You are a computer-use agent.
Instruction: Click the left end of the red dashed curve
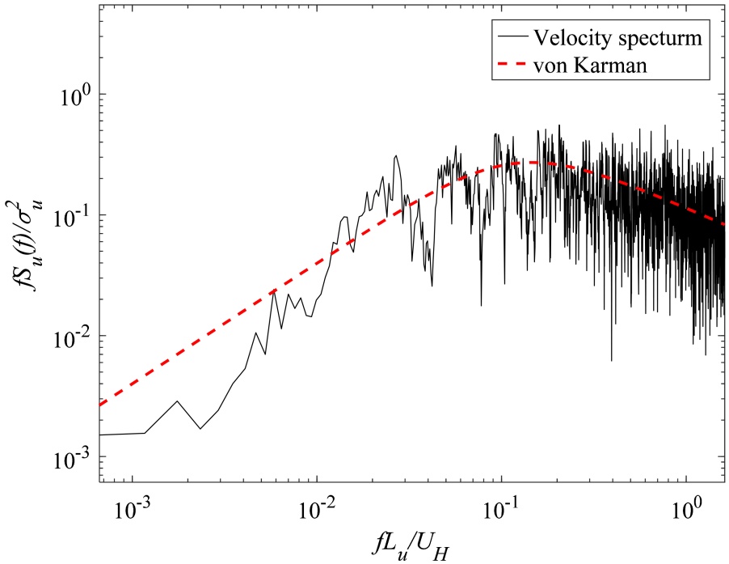pyautogui.click(x=100, y=405)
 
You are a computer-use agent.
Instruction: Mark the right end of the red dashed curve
pyautogui.click(x=724, y=224)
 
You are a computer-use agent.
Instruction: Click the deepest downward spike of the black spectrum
pyautogui.click(x=611, y=361)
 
